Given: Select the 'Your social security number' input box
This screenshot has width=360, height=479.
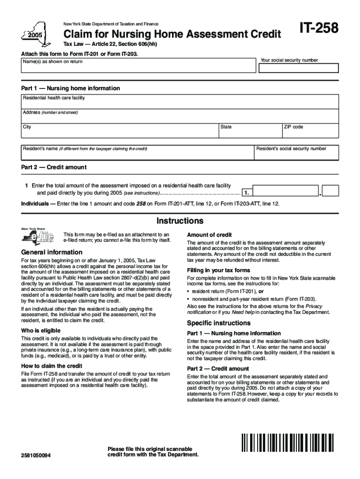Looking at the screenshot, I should tap(299, 68).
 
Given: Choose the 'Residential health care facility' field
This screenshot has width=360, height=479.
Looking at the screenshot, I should tap(180, 102).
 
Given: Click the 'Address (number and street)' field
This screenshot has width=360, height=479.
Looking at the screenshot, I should tap(180, 116).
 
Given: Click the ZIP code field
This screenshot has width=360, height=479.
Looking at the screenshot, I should tap(310, 131).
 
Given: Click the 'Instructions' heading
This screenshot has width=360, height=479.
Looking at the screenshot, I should tap(180, 220).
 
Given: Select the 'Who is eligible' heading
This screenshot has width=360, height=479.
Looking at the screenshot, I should tap(41, 330).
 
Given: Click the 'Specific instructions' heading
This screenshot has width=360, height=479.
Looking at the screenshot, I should tap(219, 323).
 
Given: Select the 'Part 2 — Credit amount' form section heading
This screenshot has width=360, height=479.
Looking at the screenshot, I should tap(54, 167).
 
